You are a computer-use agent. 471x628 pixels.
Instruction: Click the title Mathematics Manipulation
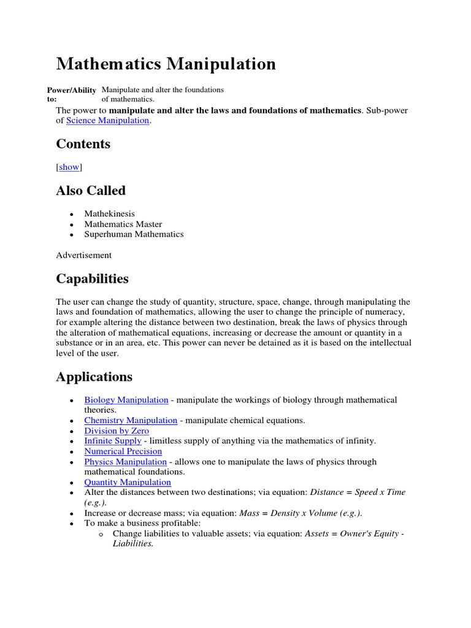[166, 64]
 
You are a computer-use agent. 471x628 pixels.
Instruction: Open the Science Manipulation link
[107, 121]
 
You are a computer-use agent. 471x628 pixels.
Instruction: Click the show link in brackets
[69, 167]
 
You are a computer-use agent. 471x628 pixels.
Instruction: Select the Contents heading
[83, 144]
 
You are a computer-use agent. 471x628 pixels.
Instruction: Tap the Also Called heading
[91, 191]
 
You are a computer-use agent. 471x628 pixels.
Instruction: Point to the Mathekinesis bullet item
[109, 214]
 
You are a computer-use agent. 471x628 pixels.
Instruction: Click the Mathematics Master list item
[123, 224]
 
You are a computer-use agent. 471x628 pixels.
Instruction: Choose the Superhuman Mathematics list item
[134, 234]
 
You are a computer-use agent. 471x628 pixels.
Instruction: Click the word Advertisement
[83, 255]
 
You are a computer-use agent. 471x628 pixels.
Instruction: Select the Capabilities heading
[92, 278]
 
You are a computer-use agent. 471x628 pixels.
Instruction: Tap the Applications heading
[94, 376]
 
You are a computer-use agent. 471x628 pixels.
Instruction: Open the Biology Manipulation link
[126, 400]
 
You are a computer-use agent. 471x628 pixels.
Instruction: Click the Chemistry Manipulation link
[131, 420]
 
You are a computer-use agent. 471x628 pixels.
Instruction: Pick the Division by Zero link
[117, 431]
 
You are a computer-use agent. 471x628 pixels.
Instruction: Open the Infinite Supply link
[113, 441]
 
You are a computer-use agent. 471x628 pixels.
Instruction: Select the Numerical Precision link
[123, 451]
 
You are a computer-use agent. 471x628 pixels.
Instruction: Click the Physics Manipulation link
[125, 462]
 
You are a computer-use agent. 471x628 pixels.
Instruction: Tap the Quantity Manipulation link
[127, 482]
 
